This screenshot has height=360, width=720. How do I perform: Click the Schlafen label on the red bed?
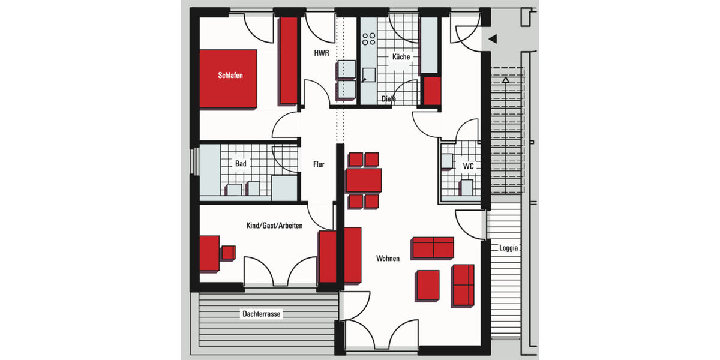coord(230,76)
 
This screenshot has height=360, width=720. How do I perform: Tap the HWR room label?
coord(322,53)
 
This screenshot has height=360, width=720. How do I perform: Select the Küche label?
coord(401,57)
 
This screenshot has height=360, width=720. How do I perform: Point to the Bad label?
coord(240,163)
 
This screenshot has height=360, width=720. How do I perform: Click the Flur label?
coord(319,164)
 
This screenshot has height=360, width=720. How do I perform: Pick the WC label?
coord(468,166)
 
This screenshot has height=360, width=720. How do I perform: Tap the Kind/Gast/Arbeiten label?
coord(274,226)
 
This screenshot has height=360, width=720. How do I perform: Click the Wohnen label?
coord(388,259)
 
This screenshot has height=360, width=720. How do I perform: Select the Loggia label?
coord(508,247)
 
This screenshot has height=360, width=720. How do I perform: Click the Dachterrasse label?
coord(262,313)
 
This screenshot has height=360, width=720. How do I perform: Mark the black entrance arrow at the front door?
coord(493,40)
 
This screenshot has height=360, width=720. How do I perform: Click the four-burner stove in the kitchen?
coord(368,39)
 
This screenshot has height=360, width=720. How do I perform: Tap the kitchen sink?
coord(368,74)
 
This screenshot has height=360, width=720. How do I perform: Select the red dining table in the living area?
coord(364,180)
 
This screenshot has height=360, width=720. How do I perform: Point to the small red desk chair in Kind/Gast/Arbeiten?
coord(228,253)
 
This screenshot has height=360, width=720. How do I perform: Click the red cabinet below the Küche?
coord(432,90)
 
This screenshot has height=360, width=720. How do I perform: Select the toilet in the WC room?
coord(467,187)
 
